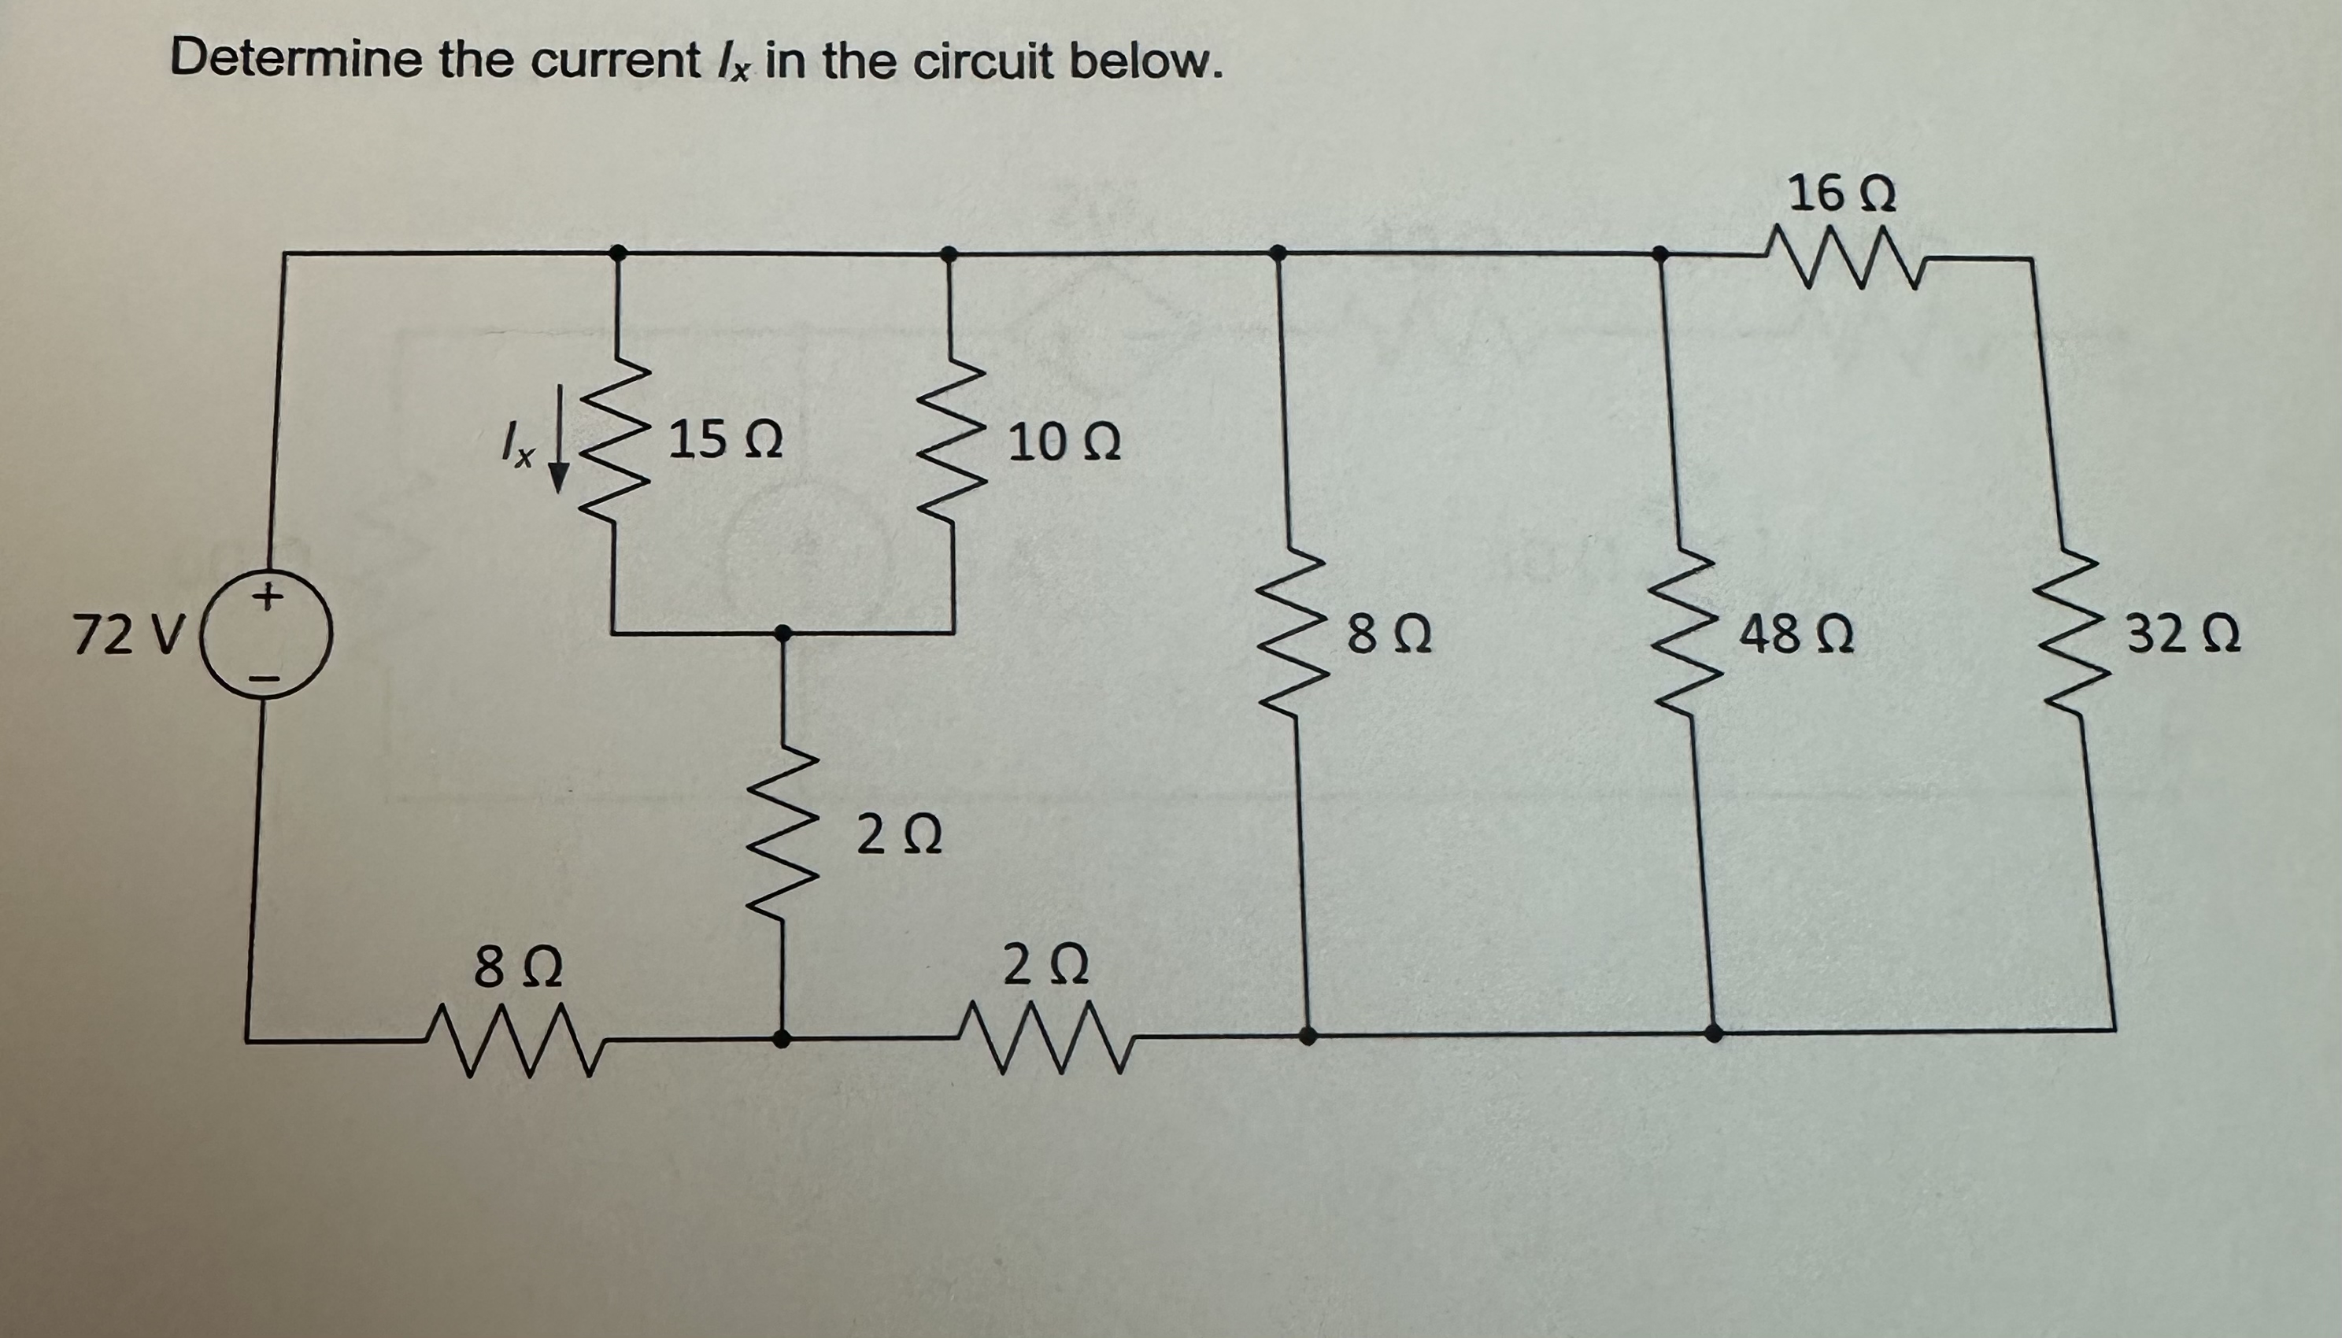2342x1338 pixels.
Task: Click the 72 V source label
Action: [128, 636]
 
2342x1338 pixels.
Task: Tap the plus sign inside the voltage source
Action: [267, 598]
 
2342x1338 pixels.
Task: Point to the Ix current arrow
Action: [558, 464]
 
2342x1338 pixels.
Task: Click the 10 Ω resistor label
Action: [1064, 445]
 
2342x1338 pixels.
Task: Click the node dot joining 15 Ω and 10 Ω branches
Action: [783, 633]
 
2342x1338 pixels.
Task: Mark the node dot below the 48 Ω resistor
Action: [1712, 1032]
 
